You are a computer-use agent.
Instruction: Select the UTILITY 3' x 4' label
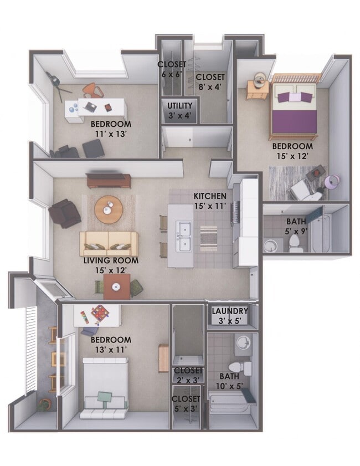point(180,110)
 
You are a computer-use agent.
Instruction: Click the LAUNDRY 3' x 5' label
point(230,315)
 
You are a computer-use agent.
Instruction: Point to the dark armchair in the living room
point(65,213)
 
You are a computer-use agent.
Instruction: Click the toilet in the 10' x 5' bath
point(240,368)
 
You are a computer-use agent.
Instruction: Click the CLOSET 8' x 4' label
point(210,81)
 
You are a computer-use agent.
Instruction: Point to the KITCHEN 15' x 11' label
point(210,201)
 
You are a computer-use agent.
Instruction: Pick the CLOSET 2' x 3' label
point(187,375)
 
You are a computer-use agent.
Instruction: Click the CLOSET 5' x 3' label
point(186,403)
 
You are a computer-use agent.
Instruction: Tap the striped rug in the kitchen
point(208,238)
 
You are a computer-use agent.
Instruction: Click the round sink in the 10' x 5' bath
point(243,344)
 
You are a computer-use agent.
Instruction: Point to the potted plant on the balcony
point(43,405)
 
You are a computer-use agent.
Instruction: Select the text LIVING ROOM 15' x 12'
point(111,265)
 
